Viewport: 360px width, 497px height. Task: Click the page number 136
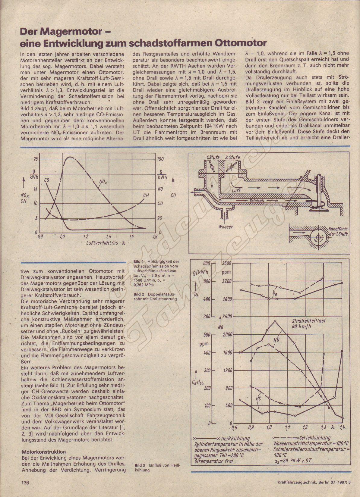(25, 483)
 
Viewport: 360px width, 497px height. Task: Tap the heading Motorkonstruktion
(44, 452)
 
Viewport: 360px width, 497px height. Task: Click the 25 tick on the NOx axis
(36, 159)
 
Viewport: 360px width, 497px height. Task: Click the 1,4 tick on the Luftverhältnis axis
(109, 237)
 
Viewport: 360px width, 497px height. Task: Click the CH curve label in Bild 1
(146, 195)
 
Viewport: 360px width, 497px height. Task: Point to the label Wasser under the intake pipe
(226, 227)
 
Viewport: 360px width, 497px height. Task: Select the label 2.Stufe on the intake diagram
(232, 158)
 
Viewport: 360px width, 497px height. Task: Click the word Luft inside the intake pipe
(236, 191)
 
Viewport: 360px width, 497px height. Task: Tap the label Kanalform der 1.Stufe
(338, 231)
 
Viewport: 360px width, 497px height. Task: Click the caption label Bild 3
(140, 465)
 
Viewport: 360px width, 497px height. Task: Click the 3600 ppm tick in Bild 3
(226, 263)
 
